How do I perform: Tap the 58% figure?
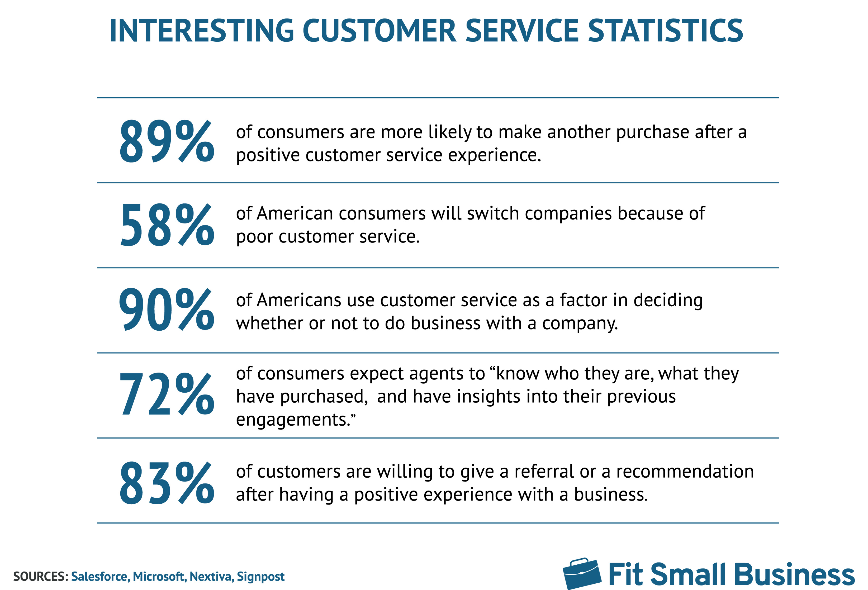click(167, 225)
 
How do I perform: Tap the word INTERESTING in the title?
click(202, 31)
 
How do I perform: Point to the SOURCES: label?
click(41, 577)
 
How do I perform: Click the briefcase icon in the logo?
click(582, 574)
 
